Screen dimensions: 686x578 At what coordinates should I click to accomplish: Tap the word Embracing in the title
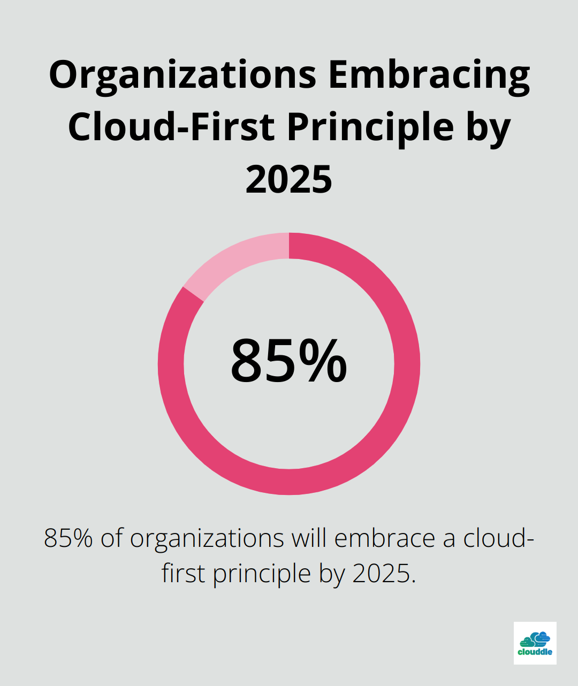pos(429,75)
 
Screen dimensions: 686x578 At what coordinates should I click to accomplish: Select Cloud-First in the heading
pos(172,127)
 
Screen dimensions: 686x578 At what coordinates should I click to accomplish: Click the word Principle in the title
pos(370,127)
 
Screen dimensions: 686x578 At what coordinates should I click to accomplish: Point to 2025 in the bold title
pos(289,179)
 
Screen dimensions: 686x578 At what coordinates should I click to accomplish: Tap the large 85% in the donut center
pos(289,362)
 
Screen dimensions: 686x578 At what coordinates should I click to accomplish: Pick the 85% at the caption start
pos(69,538)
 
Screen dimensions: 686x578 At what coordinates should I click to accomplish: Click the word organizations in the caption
pos(207,538)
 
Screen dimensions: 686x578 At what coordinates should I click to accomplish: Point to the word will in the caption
pos(309,538)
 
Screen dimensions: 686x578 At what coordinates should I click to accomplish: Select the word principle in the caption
pos(262,574)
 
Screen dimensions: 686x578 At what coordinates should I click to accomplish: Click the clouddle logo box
pos(535,643)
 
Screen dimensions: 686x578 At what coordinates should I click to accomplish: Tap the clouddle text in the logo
pos(535,652)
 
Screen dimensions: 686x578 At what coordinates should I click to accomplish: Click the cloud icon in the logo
pos(535,639)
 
